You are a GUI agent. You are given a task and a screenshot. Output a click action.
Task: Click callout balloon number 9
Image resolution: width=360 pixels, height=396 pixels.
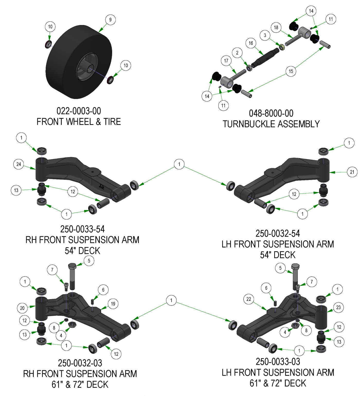point(110,20)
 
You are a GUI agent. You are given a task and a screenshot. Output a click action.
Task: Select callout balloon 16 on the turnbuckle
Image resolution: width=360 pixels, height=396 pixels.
point(251,43)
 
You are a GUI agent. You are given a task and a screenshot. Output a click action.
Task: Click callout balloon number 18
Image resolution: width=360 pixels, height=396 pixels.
point(276,28)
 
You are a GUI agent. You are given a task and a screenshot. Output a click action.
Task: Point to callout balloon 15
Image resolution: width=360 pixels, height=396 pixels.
point(291,71)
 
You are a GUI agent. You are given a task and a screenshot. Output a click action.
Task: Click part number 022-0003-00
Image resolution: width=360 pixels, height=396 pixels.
point(79,111)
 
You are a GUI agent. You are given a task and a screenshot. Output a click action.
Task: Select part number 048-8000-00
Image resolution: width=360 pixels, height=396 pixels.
point(271,113)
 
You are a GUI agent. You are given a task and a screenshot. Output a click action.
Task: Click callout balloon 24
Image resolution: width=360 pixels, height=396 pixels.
point(19,164)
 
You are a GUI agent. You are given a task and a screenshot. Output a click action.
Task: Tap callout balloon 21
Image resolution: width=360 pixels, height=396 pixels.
point(352,172)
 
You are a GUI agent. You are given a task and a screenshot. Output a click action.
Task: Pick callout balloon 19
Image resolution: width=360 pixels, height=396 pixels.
point(113,304)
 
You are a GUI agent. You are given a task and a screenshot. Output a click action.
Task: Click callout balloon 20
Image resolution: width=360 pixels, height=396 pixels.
point(22,308)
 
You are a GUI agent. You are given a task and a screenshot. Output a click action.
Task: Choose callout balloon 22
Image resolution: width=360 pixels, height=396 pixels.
point(249,299)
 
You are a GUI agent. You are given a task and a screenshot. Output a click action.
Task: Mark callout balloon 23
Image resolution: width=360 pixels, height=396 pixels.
point(338,307)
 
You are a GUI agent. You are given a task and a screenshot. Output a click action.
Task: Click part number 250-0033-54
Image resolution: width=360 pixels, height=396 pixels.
point(82,229)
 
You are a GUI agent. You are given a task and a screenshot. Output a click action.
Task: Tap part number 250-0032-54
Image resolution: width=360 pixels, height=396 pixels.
point(278,233)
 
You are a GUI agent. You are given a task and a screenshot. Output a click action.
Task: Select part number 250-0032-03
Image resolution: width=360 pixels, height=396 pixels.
point(80,363)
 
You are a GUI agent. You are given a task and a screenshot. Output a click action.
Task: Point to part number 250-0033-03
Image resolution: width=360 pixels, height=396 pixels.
point(278,362)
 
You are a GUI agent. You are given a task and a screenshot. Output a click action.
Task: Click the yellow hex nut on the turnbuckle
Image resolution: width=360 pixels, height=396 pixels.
point(282,47)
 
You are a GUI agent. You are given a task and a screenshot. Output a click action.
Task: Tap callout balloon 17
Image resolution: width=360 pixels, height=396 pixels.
point(226,61)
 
